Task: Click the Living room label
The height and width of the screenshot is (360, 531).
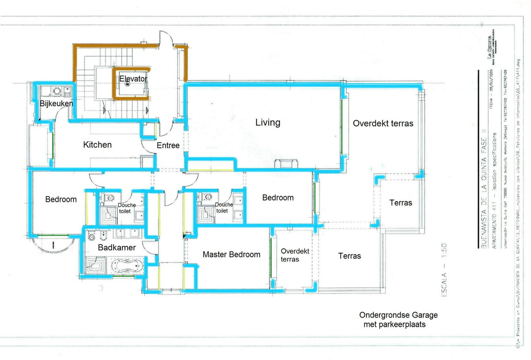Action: (x=268, y=122)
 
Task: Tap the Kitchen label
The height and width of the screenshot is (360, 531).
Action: (x=97, y=144)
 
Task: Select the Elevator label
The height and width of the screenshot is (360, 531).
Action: (x=133, y=78)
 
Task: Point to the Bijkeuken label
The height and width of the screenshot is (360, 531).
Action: (x=56, y=104)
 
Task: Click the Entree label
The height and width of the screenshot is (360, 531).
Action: (x=168, y=145)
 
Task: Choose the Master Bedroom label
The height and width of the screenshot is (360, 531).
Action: (x=231, y=254)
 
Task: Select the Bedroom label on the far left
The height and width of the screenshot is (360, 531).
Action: (x=61, y=199)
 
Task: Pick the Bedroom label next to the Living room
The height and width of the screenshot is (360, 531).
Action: (x=278, y=197)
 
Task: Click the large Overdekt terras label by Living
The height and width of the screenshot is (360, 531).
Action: (x=383, y=123)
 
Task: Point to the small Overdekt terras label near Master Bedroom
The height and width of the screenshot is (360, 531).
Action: (x=295, y=255)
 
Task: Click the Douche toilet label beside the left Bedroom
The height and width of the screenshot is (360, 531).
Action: (x=127, y=208)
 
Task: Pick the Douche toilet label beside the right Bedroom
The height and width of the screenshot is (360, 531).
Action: (x=224, y=208)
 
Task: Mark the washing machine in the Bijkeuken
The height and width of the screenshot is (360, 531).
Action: (x=57, y=92)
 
